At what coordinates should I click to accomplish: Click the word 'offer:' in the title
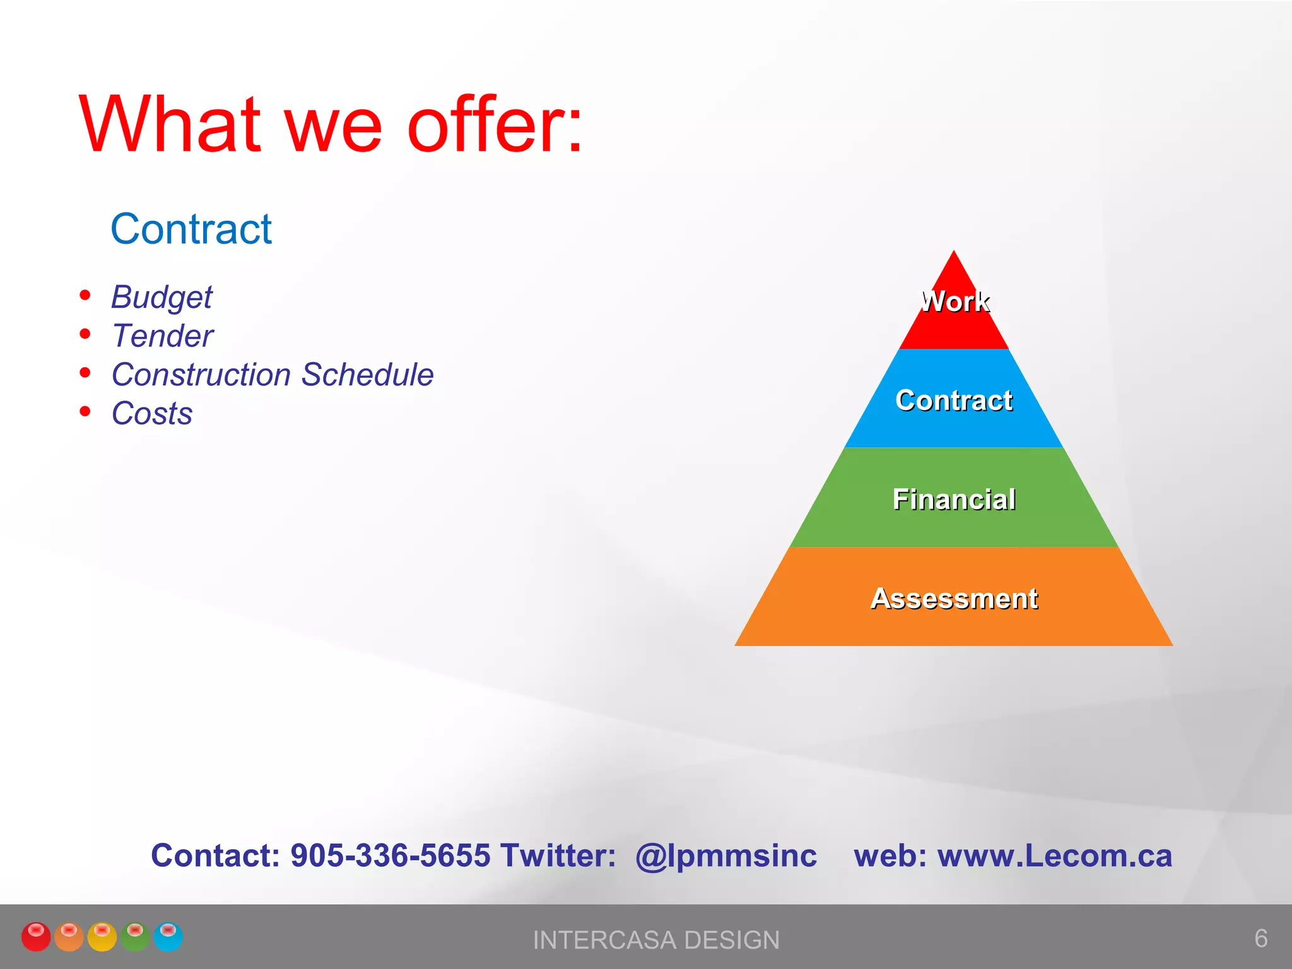495,124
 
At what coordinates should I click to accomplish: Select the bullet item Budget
161,297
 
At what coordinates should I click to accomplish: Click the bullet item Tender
162,336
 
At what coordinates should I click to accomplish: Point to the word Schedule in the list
367,375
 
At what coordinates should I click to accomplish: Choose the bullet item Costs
151,414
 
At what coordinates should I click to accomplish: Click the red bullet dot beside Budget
85,295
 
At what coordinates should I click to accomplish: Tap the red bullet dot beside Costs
85,412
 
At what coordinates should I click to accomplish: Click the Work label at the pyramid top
954,302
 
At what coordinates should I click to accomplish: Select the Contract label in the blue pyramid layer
954,401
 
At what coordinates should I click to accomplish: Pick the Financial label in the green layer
954,500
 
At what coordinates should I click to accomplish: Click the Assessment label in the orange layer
954,599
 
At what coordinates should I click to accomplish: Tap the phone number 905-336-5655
390,856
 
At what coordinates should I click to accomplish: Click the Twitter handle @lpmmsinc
725,856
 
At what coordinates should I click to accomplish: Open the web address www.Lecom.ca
1054,856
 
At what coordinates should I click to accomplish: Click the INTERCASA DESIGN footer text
656,940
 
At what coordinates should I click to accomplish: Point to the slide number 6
1260,938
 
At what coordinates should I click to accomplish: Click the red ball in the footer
36,936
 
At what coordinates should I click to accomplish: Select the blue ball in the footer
168,936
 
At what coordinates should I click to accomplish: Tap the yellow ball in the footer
102,936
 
